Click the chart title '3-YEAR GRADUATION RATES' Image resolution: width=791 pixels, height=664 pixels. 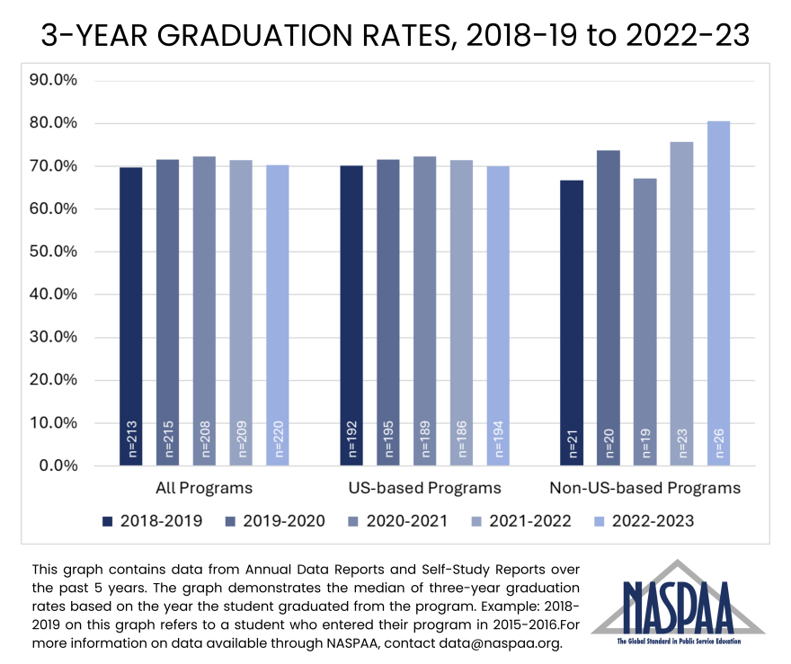(395, 35)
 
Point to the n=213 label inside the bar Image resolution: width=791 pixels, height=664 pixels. (131, 439)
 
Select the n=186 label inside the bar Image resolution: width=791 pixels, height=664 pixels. (461, 439)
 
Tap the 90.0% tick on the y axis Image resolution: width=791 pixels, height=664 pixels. (54, 80)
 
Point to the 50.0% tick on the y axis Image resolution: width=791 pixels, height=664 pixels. (54, 252)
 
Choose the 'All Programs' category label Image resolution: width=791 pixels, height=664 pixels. (204, 489)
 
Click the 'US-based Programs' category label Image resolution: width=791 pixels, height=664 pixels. (424, 489)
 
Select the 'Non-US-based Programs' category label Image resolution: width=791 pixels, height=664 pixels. (644, 489)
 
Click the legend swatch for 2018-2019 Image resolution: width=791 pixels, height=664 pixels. (109, 521)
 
